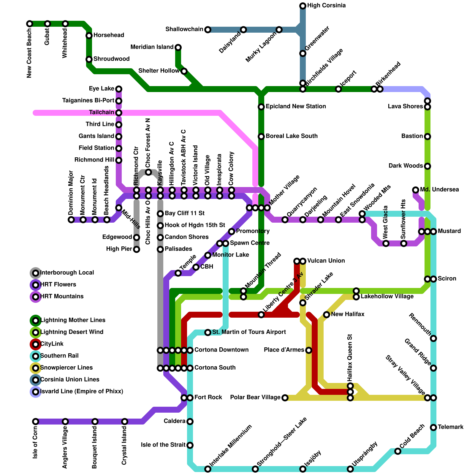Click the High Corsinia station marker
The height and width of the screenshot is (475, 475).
point(303,6)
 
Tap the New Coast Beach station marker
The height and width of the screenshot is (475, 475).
point(30,24)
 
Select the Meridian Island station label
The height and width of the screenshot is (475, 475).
point(152,47)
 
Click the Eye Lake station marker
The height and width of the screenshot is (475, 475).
point(119,89)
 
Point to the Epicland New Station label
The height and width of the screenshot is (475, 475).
point(296,107)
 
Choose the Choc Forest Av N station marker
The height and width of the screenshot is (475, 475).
point(148,172)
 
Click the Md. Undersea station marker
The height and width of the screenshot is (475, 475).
point(416,190)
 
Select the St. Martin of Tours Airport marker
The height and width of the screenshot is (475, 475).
point(208,332)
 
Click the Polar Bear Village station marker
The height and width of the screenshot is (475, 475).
point(285,398)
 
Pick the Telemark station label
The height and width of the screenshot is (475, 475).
point(450,427)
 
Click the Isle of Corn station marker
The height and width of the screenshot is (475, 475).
point(36,422)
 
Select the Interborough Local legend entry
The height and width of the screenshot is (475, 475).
point(67,273)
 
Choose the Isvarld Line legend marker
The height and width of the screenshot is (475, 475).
point(36,392)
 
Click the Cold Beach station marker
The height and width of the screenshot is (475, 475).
point(398,451)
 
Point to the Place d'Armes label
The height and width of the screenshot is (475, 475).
point(284,350)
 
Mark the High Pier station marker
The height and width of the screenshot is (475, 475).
point(137,249)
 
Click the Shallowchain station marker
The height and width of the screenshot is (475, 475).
point(208,30)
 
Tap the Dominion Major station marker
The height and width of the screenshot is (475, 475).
point(71,220)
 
